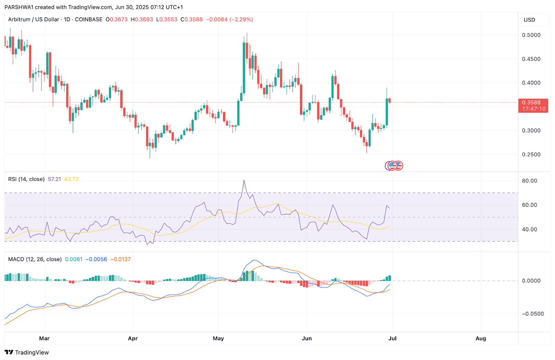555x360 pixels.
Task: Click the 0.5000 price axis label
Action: [x=531, y=35]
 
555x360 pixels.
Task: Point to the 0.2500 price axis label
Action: [x=531, y=154]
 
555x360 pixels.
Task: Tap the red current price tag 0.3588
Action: [x=533, y=103]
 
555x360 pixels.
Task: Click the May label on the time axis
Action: [x=218, y=338]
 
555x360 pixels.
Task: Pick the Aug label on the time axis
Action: [x=481, y=338]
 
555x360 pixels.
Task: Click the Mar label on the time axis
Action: [x=44, y=338]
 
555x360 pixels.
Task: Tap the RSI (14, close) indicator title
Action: [x=26, y=179]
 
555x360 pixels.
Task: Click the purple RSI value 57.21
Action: [x=54, y=179]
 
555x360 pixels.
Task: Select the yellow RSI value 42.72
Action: [x=71, y=179]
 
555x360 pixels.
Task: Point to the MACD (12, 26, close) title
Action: [x=35, y=259]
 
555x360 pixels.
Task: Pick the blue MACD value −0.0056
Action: [x=96, y=259]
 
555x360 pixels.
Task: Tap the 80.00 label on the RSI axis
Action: [x=529, y=181]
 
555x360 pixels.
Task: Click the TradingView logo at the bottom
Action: [x=27, y=352]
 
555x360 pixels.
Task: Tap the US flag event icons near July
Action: [x=394, y=166]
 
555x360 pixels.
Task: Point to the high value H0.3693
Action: [x=142, y=19]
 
